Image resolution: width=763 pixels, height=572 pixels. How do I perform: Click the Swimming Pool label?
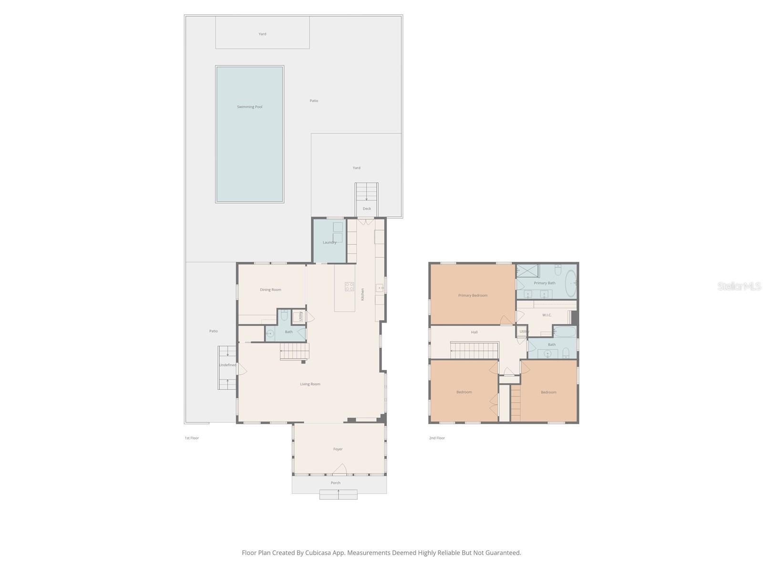[x=249, y=107]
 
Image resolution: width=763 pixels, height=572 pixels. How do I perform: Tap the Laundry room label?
[x=330, y=242]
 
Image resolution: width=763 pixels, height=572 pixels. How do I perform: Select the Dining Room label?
[x=270, y=290]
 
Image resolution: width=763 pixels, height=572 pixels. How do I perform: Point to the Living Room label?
[x=310, y=384]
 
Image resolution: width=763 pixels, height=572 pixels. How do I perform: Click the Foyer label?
[x=338, y=449]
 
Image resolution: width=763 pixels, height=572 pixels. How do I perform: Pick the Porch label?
[x=336, y=483]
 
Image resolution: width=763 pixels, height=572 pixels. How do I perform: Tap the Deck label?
[x=367, y=209]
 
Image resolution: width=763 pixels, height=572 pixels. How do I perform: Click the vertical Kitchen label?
[x=362, y=294]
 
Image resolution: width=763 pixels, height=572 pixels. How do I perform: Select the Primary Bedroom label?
[x=473, y=296]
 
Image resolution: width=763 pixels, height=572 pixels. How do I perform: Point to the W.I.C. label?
[x=547, y=315]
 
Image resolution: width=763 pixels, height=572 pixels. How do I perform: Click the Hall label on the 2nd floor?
[x=474, y=332]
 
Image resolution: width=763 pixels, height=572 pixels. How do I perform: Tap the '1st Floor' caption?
[x=192, y=438]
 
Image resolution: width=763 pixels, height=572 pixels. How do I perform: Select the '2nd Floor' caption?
[x=437, y=438]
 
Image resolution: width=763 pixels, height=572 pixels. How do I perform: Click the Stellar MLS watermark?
[x=739, y=286]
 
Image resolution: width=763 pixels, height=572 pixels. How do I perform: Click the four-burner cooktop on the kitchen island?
[x=350, y=286]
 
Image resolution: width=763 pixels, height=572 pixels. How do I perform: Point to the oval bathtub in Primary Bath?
[x=570, y=283]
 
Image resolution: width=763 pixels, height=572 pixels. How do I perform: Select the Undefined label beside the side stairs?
[x=227, y=365]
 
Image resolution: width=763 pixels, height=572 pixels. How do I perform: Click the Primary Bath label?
[x=545, y=283]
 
